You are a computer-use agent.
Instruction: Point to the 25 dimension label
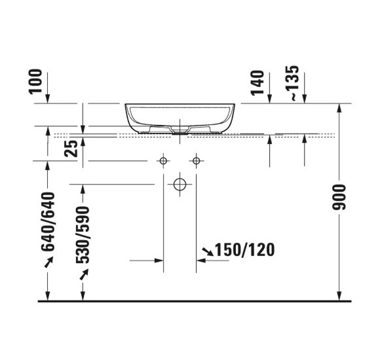[x=72, y=147]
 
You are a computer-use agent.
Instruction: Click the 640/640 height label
[x=47, y=223]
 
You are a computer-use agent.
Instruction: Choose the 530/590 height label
[x=83, y=235]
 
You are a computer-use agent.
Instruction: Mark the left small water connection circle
[x=163, y=161]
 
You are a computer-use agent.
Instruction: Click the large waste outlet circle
[x=179, y=185]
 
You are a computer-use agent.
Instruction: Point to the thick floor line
[x=195, y=302]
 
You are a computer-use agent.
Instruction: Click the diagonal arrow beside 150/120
[x=208, y=250]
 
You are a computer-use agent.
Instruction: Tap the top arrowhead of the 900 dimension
[x=339, y=108]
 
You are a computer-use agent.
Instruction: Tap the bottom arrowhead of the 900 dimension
[x=339, y=297]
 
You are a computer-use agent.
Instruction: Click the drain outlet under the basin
[x=179, y=132]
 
